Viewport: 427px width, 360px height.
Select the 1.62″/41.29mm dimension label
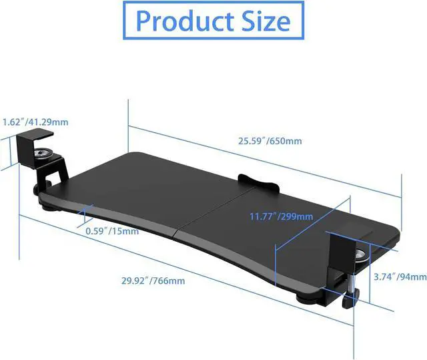tap(35, 122)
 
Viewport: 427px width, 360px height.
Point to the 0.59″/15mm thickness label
tap(111, 232)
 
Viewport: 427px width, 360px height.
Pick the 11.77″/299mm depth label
tap(281, 216)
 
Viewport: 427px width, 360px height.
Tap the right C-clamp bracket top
tap(350, 237)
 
